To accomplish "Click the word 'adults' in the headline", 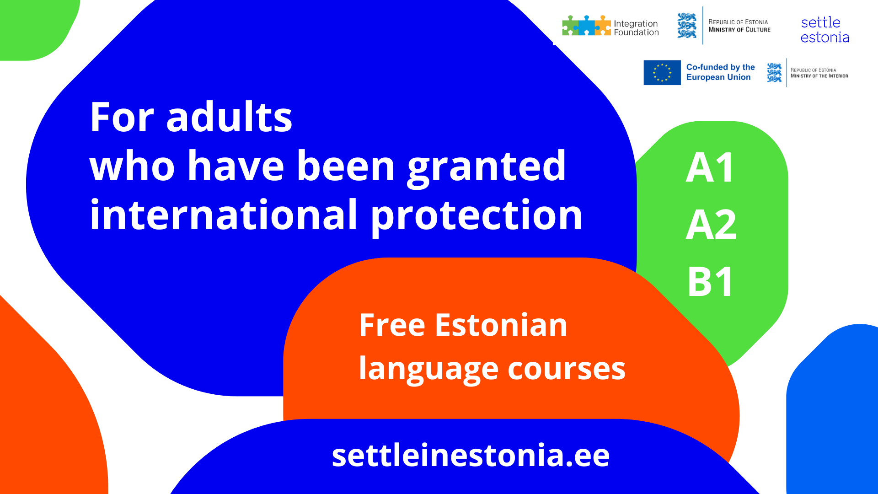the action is (229, 117).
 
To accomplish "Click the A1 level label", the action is (710, 167).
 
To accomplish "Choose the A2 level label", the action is (711, 224).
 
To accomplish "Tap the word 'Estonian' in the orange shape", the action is (501, 325).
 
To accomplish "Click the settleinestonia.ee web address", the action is (471, 455).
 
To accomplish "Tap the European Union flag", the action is (662, 73).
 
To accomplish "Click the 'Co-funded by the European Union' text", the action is (720, 72).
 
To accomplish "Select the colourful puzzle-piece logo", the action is (587, 26).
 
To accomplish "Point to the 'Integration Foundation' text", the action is (636, 28).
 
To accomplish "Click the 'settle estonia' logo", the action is (825, 30).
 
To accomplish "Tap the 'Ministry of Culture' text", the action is (739, 30).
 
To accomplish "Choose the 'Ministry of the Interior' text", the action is (819, 76).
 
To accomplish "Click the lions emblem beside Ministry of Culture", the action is (687, 26).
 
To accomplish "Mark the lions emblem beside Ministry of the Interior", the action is (774, 73).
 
